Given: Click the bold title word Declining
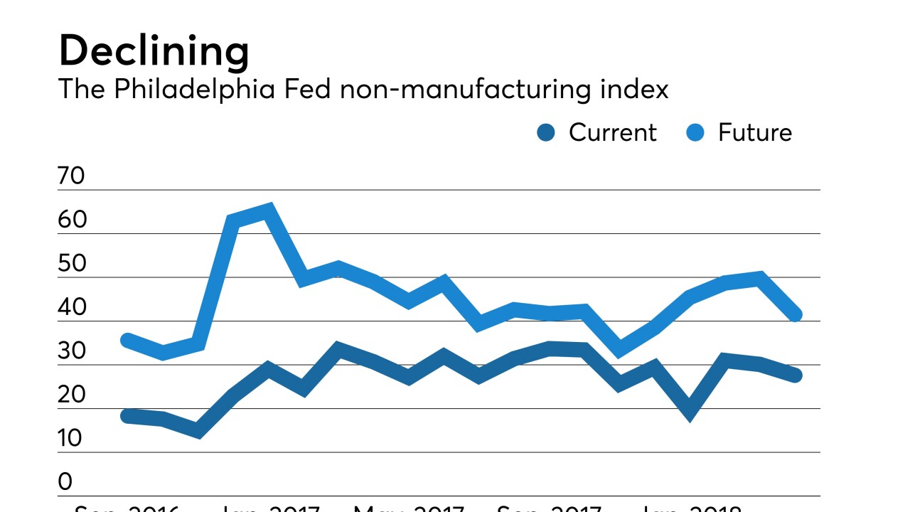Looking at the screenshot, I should (154, 52).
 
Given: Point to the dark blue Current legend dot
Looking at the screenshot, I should (546, 133).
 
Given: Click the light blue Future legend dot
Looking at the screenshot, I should (695, 133).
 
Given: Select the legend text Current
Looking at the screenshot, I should (612, 133).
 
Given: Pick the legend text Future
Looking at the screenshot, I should (754, 133).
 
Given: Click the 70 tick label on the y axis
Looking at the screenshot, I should (72, 176).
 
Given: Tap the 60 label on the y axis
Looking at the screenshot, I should (72, 220).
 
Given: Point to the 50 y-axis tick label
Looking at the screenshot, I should (72, 264).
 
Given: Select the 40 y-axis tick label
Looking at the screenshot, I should (72, 308).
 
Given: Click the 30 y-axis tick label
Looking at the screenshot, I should (72, 351).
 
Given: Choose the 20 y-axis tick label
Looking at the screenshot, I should (72, 395).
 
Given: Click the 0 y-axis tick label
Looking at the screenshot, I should (65, 482).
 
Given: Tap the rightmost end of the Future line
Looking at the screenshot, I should (796, 315).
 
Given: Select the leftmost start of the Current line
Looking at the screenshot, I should (128, 416).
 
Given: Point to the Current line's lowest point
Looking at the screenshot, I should (197, 430).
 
